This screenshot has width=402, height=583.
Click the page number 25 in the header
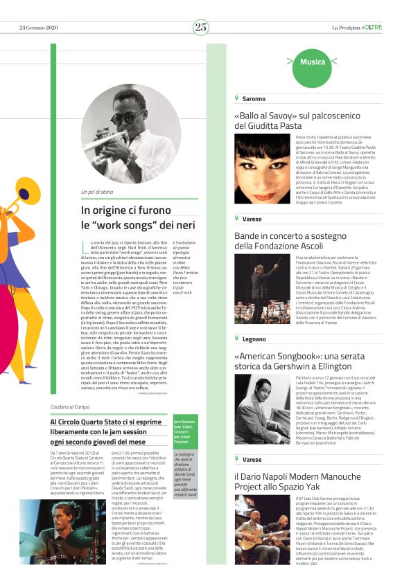(x=201, y=27)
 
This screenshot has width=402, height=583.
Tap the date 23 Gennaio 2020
(x=38, y=28)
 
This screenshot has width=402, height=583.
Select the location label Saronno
(x=253, y=99)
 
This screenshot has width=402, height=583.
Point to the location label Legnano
(x=254, y=339)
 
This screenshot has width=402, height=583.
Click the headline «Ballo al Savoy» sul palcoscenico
(x=302, y=115)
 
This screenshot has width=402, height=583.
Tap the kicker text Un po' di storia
(x=97, y=192)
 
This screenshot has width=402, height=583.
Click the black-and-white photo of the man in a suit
(x=262, y=410)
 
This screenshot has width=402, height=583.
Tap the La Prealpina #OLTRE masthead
(x=356, y=28)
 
